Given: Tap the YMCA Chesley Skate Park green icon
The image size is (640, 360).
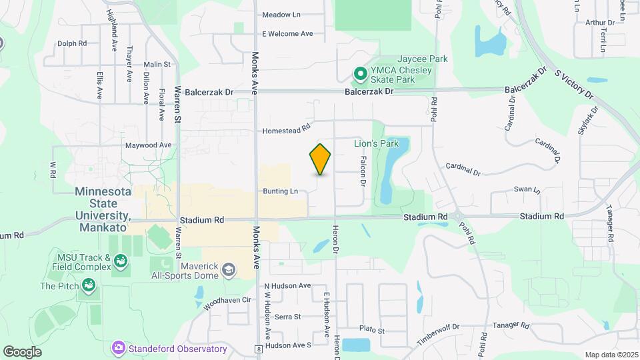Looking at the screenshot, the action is click(x=361, y=74).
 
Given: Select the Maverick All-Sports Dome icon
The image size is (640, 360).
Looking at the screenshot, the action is click(x=229, y=269).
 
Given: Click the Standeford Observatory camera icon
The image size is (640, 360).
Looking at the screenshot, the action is click(x=119, y=347).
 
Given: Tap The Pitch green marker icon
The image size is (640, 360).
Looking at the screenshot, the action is click(x=87, y=286).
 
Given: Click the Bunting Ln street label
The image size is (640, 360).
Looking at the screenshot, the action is click(x=280, y=191).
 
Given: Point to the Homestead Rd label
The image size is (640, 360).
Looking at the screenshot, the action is click(x=287, y=131).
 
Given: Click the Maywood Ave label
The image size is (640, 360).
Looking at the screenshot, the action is click(x=148, y=145).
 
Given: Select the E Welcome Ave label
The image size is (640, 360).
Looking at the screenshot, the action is click(x=287, y=33).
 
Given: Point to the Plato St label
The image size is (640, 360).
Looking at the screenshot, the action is click(x=372, y=331).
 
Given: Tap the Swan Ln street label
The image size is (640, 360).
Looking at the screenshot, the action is click(x=527, y=190).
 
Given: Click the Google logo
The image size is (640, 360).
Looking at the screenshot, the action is click(x=22, y=351).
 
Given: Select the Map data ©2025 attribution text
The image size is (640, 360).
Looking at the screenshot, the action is click(x=611, y=355).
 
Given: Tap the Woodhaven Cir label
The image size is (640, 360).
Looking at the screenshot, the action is click(x=227, y=301).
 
